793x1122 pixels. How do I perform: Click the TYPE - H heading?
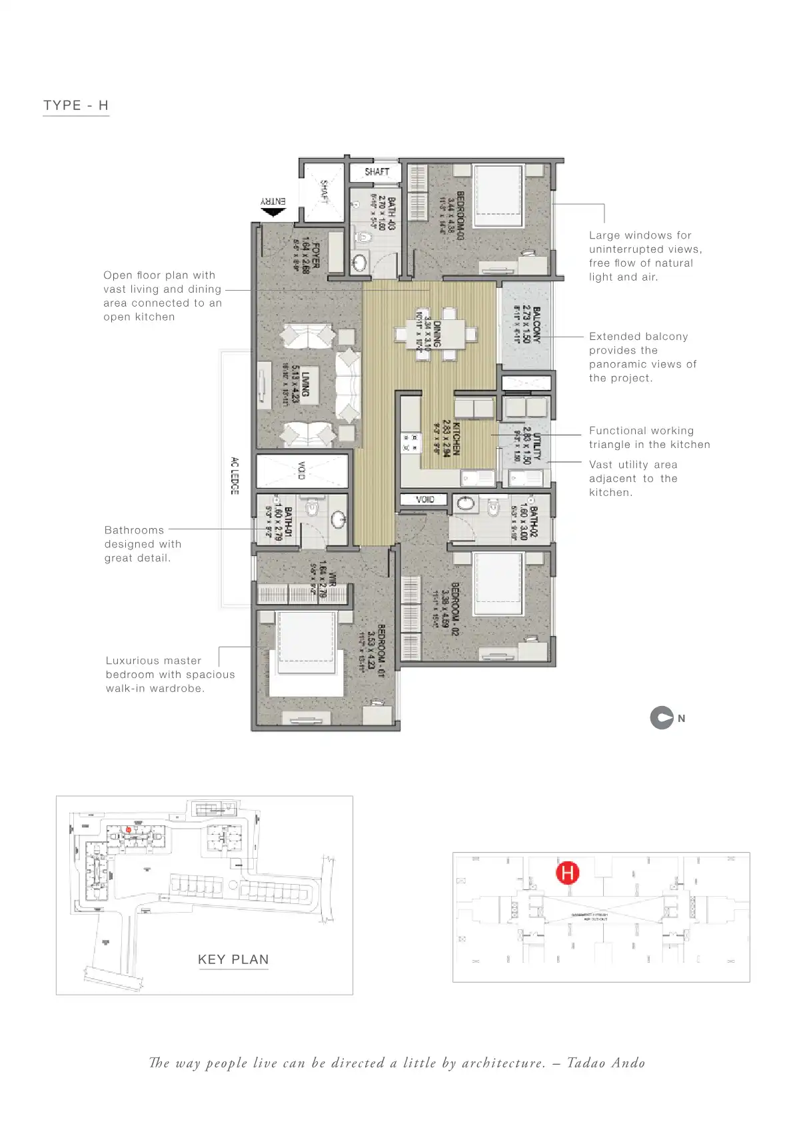76,105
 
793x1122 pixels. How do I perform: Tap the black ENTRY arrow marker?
272,213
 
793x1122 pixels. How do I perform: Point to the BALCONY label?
536,324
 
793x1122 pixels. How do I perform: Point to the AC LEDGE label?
235,475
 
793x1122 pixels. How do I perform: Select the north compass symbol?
661,718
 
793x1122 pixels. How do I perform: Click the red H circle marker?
568,872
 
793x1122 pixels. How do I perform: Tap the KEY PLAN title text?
233,959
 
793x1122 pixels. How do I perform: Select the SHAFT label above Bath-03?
377,172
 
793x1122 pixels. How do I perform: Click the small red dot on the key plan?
128,829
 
